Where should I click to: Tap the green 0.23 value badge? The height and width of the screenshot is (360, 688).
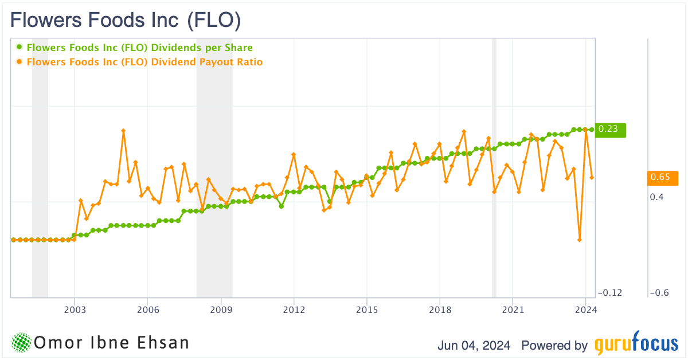(x=609, y=130)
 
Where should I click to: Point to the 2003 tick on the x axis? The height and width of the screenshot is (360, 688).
(x=75, y=310)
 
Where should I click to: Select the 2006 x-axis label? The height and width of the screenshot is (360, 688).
(x=147, y=310)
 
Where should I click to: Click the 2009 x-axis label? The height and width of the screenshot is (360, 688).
(x=221, y=310)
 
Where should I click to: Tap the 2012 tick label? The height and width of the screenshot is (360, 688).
(x=294, y=310)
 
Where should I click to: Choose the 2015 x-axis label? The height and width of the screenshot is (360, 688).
(x=367, y=310)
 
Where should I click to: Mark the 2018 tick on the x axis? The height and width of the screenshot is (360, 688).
(x=440, y=310)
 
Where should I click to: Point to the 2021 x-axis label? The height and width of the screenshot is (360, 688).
(x=513, y=310)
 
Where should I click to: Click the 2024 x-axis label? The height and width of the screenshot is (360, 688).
(x=585, y=310)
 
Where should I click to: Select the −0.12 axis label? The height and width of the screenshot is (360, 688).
(x=609, y=293)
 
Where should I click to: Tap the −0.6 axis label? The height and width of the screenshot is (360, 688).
(x=660, y=293)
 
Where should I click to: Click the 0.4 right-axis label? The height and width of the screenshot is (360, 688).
(x=657, y=197)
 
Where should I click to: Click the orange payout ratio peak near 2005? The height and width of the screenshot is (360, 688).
(x=123, y=131)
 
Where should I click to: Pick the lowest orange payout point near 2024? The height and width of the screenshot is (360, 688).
(x=580, y=240)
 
